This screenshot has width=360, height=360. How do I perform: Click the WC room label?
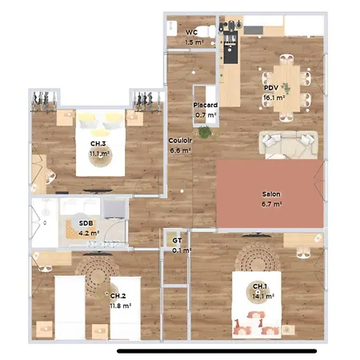192,33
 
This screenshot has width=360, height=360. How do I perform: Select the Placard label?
206,105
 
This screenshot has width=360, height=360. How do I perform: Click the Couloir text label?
180,140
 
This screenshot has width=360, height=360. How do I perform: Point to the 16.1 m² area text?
274,98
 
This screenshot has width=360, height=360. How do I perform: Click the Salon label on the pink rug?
271,194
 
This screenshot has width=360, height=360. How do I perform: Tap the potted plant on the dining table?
286,88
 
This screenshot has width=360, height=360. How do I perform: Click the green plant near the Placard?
205,132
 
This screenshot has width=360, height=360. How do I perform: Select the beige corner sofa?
289,145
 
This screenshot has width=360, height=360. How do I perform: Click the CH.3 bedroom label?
98,143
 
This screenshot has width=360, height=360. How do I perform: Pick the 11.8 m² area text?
121,306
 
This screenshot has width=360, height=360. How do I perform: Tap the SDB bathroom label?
86,223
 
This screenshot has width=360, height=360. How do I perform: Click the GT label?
177,241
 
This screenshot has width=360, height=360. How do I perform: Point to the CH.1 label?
260,286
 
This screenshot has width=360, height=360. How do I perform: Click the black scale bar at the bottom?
217,351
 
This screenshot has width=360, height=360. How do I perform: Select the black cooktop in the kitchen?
230,47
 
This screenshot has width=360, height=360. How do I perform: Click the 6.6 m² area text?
180,150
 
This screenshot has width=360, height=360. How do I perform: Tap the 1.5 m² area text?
194,42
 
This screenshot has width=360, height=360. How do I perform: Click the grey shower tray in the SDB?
114,209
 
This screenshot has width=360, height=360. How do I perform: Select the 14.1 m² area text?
263,296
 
